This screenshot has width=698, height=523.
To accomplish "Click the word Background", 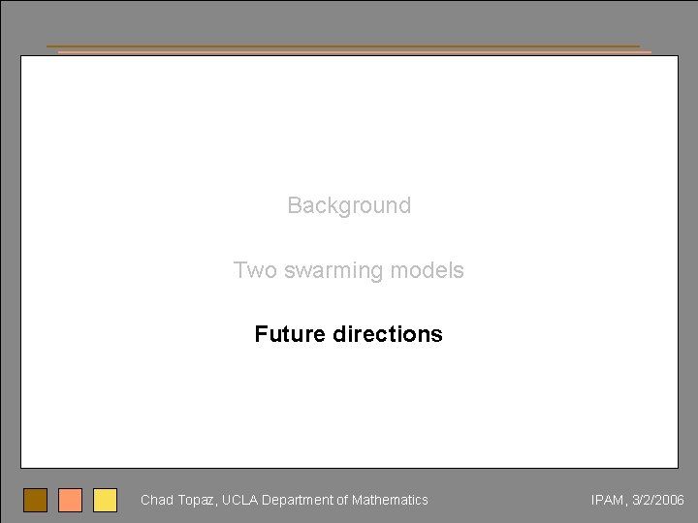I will tap(349, 205).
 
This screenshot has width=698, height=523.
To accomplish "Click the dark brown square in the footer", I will tap(36, 500).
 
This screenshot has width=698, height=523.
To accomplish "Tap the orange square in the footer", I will tap(71, 500).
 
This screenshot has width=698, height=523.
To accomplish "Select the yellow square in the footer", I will tap(105, 500).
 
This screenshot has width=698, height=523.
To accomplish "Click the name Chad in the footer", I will tap(156, 500).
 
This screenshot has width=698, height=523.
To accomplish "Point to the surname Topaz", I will tap(197, 501).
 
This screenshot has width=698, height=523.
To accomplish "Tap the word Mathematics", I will tap(390, 500).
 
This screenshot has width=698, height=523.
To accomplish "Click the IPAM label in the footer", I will tap(607, 500).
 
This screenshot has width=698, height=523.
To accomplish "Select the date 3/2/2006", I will tap(657, 500).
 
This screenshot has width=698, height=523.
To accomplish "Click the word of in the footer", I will tap(341, 500).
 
